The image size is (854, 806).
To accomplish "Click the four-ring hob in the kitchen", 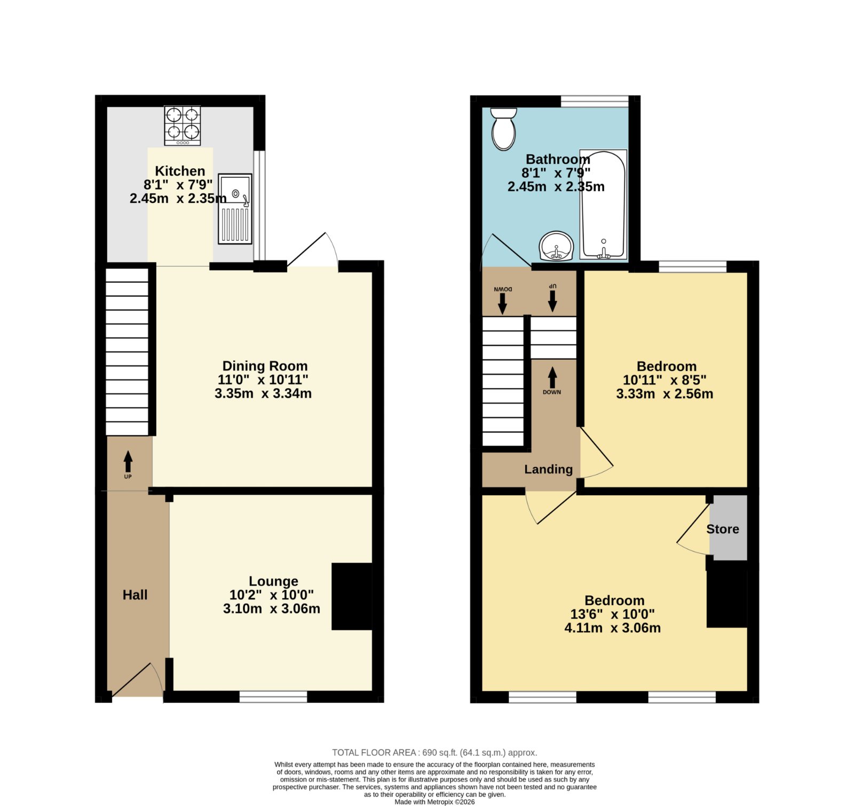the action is click(x=183, y=125).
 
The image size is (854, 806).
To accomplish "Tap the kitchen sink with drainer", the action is click(x=235, y=209).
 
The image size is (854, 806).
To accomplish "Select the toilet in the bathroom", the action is click(x=503, y=129).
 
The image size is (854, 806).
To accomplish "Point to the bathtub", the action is click(x=603, y=204).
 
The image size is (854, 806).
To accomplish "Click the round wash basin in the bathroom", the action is click(x=557, y=247).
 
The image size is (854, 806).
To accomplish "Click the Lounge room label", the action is click(x=273, y=581).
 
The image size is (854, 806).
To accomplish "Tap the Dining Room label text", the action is click(x=265, y=366).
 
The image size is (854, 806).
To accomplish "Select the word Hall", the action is click(x=135, y=595).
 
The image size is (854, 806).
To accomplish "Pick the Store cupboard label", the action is click(x=723, y=529).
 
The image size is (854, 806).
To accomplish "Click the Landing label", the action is click(x=548, y=469).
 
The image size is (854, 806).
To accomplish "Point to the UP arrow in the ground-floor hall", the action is click(x=128, y=462).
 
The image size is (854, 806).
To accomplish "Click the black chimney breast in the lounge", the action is click(x=352, y=596).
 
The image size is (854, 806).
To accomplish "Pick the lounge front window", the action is click(x=273, y=697).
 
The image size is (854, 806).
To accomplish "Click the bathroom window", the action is click(x=595, y=101).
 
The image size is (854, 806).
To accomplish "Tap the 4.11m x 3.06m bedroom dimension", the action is click(x=612, y=628).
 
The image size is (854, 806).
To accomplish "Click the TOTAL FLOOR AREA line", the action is click(x=434, y=753).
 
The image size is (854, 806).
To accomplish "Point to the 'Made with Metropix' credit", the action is click(x=434, y=802).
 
